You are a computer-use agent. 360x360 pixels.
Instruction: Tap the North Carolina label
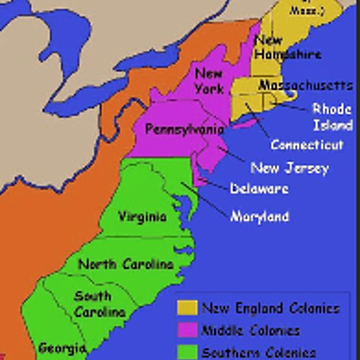point(125,264)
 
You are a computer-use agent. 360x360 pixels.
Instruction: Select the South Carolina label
point(99,303)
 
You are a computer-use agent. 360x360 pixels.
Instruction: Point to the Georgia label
point(62,346)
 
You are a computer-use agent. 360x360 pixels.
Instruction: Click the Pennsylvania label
point(184,130)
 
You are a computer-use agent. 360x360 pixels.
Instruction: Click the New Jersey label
point(290,167)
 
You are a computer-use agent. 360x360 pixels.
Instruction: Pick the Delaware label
point(259,189)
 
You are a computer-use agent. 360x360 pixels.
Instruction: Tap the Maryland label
point(259,217)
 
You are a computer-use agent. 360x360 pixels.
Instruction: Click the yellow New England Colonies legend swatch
point(187,308)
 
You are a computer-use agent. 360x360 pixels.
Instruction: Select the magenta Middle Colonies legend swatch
point(187,329)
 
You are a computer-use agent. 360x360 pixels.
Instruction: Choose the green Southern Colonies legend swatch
point(187,350)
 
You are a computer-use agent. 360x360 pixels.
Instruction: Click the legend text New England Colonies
point(270,308)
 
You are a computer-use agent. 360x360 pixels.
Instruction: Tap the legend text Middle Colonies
point(251,329)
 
